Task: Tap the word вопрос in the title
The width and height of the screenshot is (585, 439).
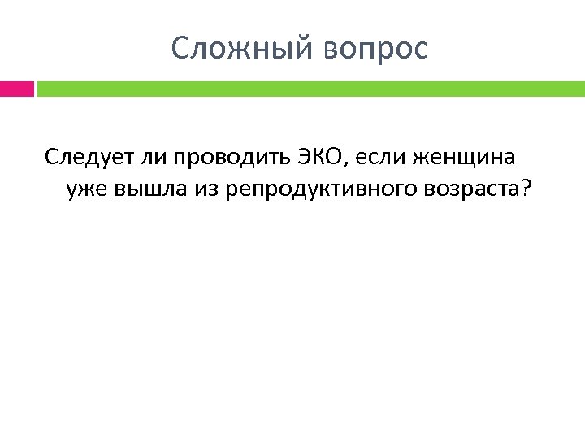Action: tap(375, 50)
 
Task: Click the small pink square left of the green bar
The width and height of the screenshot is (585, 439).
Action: tap(16, 88)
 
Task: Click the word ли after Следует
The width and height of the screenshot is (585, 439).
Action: tap(145, 156)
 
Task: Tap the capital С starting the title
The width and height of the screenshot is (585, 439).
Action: tap(180, 50)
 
